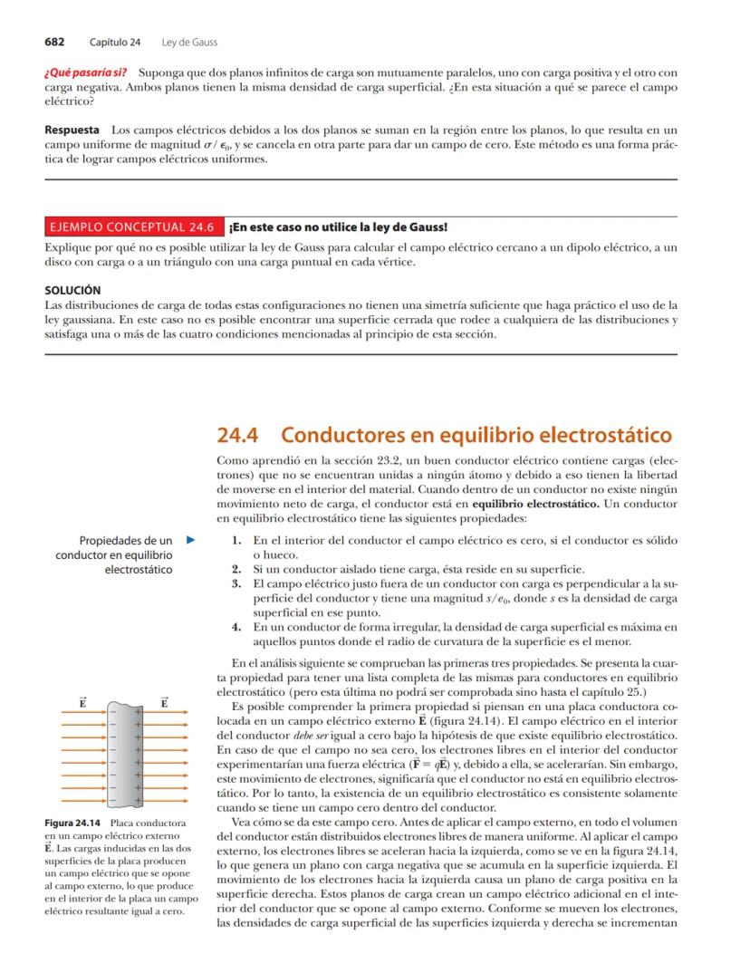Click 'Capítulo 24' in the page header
pos(115,43)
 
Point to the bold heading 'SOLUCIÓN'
pos(72,291)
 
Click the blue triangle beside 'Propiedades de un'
pos(190,541)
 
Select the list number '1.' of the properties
pos(236,541)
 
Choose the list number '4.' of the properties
pos(236,627)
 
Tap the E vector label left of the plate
pos(82,702)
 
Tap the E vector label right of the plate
pos(165,702)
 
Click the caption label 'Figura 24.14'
pos(72,823)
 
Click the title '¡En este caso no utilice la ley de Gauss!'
pos(338,226)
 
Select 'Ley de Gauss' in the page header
pos(189,43)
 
